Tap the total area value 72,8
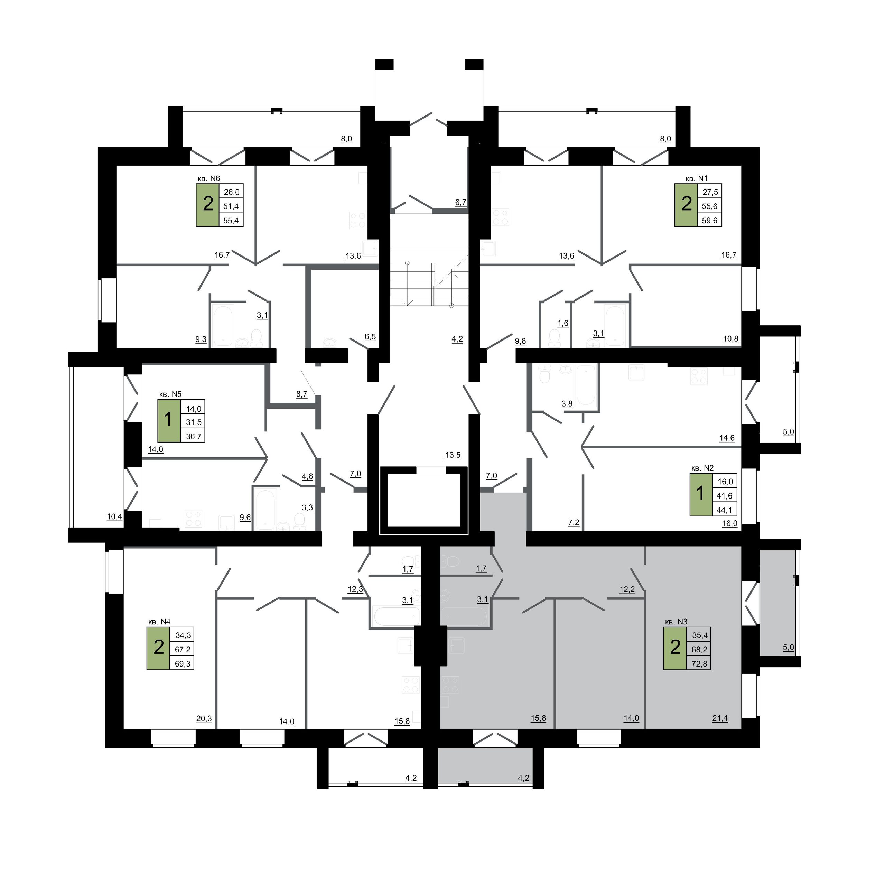tap(699, 663)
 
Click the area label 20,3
tap(204, 719)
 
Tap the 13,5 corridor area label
tap(453, 455)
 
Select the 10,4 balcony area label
tap(114, 517)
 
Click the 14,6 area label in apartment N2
tap(727, 438)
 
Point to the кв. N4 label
tap(159, 622)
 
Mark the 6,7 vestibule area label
tap(460, 202)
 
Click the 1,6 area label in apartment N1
tap(563, 323)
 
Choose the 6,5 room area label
tap(370, 337)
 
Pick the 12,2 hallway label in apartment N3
tap(627, 589)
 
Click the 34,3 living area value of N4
tap(183, 635)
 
